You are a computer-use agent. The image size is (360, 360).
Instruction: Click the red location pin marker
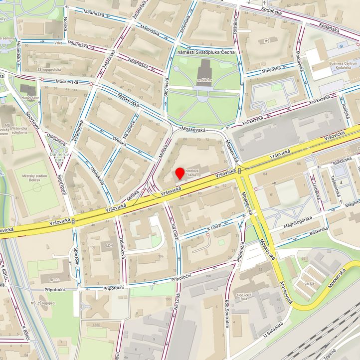(x=180, y=174)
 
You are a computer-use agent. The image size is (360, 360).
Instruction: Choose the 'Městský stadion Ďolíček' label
(x=35, y=179)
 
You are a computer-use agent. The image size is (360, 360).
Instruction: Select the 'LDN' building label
(x=109, y=246)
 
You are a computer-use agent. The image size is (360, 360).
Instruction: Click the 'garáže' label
(x=309, y=283)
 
